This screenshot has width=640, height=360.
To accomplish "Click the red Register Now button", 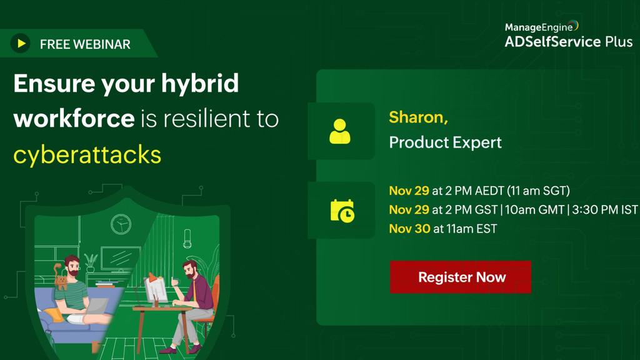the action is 461,277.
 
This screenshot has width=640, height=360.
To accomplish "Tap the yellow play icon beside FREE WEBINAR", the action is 21,43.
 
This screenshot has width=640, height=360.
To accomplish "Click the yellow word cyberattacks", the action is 87,155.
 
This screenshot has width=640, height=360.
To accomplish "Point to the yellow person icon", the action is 340,131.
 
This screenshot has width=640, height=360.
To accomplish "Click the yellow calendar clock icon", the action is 342,211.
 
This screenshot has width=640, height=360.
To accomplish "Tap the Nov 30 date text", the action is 409,229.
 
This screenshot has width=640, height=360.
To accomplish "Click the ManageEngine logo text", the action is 539,27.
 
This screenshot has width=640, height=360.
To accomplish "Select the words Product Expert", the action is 445,142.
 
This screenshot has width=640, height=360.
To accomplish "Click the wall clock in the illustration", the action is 121,224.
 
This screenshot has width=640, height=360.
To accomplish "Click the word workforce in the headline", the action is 74,119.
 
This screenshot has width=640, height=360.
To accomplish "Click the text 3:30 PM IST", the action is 604,210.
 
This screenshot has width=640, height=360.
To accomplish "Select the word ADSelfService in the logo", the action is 552,42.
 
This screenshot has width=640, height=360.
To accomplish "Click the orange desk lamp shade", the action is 152,277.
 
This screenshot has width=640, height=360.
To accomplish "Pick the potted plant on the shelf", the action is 91,262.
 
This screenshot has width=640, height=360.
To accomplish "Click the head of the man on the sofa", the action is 72,265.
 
